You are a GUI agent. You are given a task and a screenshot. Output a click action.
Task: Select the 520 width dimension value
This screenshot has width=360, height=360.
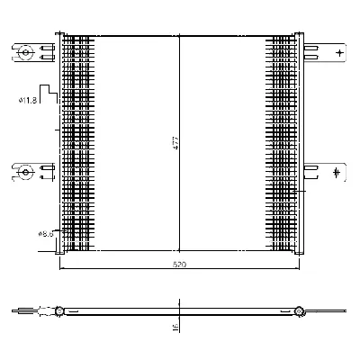180,265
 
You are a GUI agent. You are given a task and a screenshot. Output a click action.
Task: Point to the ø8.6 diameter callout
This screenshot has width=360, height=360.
46,233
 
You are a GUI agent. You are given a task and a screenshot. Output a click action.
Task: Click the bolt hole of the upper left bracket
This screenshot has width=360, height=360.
26,54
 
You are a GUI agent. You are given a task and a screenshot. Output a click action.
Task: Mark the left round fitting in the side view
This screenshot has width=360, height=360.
59,312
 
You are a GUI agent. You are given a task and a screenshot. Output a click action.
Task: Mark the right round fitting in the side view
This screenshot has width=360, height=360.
298,312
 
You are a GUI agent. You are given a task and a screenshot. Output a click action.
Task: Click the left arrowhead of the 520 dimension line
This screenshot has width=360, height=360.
62,269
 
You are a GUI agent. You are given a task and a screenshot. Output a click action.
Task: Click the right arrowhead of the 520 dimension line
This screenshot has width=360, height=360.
297,269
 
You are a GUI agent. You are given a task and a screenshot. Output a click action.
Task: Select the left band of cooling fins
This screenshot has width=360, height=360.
78,144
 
